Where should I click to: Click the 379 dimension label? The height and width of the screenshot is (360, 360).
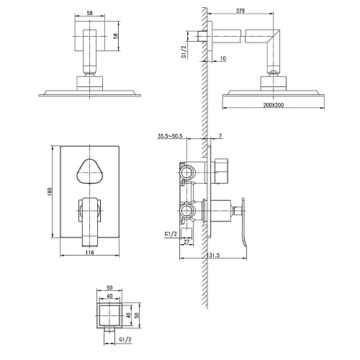[x=240, y=11]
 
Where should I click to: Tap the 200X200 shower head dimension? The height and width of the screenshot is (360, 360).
[x=274, y=105]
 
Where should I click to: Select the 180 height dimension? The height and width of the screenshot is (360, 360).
[x=50, y=192]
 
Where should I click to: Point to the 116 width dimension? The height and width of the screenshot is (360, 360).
[x=89, y=252]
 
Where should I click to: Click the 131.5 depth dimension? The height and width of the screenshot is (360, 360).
[x=212, y=255]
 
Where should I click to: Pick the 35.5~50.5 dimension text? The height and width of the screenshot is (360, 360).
[x=170, y=136]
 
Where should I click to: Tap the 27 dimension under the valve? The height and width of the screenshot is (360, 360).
[x=186, y=242]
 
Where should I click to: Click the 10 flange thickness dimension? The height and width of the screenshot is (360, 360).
[x=222, y=58]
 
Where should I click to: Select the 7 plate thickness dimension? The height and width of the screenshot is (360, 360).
[x=220, y=136]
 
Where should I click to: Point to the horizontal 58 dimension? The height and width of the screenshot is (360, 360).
[x=90, y=13]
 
